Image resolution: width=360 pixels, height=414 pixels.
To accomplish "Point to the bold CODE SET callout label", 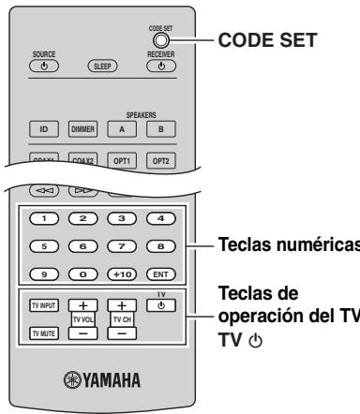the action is pyautogui.click(x=257, y=41).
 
